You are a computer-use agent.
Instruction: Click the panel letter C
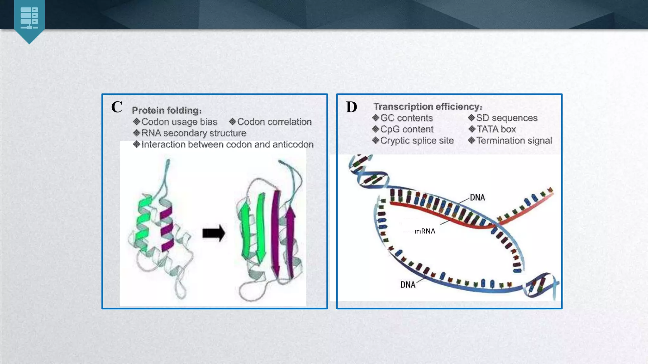[x=117, y=107]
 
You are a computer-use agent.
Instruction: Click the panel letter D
[x=352, y=107]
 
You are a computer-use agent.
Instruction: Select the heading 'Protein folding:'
[x=167, y=110]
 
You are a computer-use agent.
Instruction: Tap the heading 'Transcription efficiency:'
[x=428, y=106]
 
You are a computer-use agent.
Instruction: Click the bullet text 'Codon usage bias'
[x=179, y=122]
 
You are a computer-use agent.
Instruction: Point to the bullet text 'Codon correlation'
[x=274, y=122]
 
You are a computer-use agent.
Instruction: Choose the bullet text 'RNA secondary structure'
[x=194, y=133]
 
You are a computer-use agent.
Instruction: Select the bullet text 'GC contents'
[x=406, y=118]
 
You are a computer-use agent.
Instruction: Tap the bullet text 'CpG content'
[x=407, y=129]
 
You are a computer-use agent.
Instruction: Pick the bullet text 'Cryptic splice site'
[x=417, y=141]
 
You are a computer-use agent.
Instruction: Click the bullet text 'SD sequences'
[x=507, y=118]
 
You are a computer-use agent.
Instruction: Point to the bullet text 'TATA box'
[x=496, y=129]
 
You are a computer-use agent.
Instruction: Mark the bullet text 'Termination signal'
[x=514, y=141]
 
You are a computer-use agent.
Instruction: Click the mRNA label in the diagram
[x=425, y=231]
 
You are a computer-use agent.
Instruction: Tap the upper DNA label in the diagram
[x=477, y=197]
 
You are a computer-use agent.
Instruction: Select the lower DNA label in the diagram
[x=408, y=285]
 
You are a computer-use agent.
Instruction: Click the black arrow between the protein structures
[x=214, y=233]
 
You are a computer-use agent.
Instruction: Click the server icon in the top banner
[x=29, y=18]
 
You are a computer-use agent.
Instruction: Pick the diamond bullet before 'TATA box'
[x=472, y=129]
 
